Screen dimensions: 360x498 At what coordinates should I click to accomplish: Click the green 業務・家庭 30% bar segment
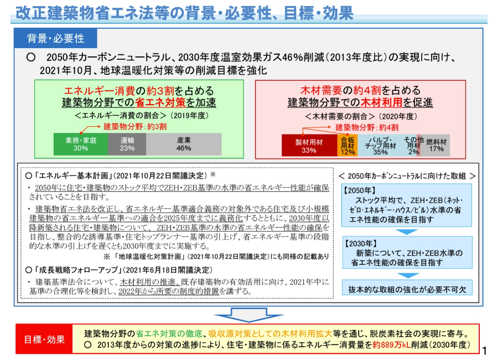pos(80,144)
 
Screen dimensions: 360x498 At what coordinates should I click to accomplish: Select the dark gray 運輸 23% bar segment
pos(127,144)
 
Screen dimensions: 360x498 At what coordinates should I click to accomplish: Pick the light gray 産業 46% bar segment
pos(184,144)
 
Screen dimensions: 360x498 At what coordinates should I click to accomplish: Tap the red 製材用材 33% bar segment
pos(309,146)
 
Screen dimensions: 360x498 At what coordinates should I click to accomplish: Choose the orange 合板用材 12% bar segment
pos(347,146)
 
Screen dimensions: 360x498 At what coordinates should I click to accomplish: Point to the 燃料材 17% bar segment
pos(436,146)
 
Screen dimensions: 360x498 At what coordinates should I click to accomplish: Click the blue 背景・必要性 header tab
pos(56,38)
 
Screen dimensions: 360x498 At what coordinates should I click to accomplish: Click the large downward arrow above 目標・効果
pos(248,315)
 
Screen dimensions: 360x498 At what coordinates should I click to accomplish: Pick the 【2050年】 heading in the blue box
pos(361,190)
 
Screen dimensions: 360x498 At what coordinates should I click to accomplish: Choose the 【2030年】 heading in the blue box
pos(361,243)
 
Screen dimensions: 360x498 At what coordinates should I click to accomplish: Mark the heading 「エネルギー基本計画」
pos(70,176)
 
